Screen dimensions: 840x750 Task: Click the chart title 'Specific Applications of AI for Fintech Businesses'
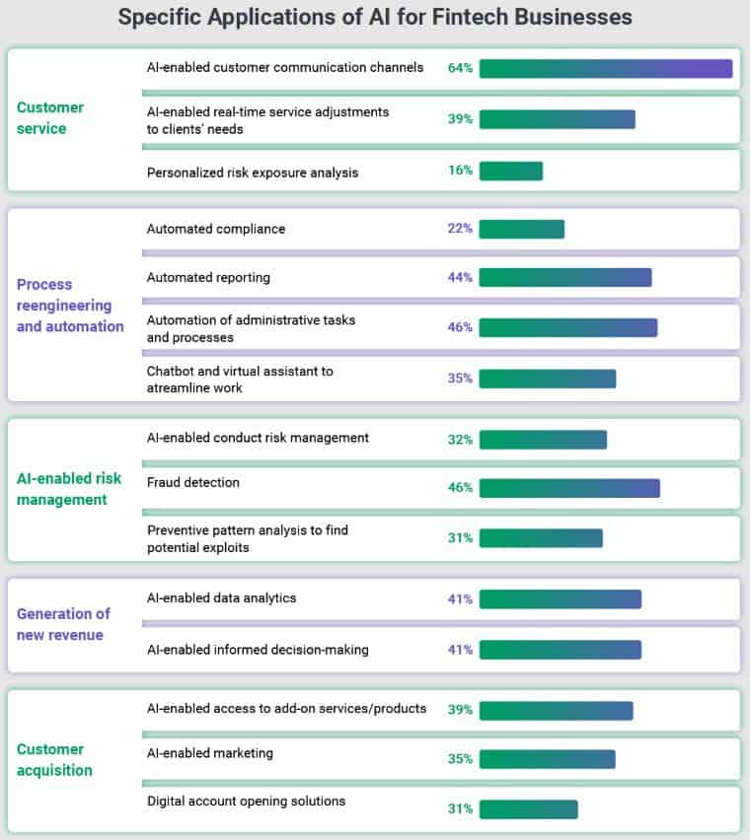tap(375, 18)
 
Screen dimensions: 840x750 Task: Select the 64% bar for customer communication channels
tap(605, 68)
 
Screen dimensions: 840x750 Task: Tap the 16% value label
tap(460, 171)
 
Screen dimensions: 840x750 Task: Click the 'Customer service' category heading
tap(50, 117)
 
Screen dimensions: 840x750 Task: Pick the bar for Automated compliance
tap(521, 229)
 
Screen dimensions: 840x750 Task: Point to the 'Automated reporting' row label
tap(208, 277)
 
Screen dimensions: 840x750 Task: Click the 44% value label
tap(460, 277)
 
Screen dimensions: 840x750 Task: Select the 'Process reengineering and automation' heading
tap(70, 305)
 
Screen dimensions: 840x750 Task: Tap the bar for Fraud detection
tap(568, 487)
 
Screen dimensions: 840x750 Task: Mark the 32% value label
tap(460, 440)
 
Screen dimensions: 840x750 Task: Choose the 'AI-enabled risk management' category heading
tap(69, 489)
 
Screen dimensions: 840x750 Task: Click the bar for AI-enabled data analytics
tap(560, 598)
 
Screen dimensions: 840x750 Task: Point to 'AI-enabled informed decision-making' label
tap(258, 649)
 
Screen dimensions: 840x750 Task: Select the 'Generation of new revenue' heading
tap(63, 624)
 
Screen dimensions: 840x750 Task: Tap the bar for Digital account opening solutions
tap(528, 809)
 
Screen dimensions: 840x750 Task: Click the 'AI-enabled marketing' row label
tap(210, 753)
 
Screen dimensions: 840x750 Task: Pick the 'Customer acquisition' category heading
tap(54, 759)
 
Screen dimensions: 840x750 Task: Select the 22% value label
tap(460, 229)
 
